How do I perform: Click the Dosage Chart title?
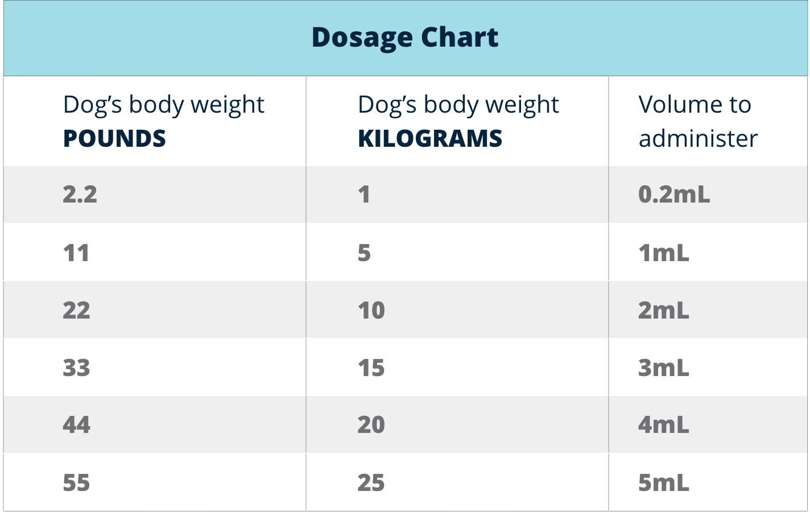click(404, 38)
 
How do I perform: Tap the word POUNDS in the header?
click(114, 139)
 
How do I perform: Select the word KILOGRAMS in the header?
click(430, 139)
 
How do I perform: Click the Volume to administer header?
click(697, 121)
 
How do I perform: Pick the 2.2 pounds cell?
click(80, 195)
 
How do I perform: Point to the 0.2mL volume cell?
click(674, 195)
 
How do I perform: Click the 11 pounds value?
click(76, 253)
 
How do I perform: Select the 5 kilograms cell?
click(364, 253)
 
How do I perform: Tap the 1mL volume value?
click(663, 253)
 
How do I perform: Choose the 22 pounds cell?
click(76, 311)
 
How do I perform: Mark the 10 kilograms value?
click(371, 311)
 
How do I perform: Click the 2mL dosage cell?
click(663, 311)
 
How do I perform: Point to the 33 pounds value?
click(76, 368)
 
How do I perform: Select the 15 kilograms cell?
click(371, 368)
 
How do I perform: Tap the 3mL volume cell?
click(663, 368)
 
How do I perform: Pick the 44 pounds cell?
click(76, 425)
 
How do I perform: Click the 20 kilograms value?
click(371, 425)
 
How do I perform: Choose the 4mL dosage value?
click(663, 425)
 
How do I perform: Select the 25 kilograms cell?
click(371, 483)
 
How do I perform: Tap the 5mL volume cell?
click(663, 483)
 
